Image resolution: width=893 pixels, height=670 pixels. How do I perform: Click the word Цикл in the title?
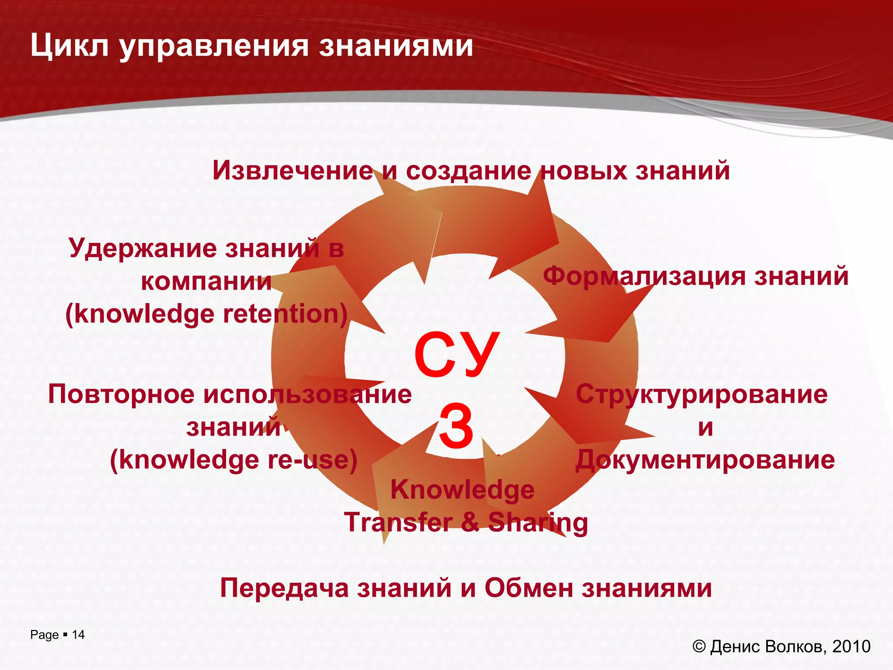(x=70, y=46)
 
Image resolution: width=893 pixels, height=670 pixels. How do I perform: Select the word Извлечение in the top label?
(x=293, y=170)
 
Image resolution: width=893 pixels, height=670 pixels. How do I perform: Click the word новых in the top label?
(x=584, y=170)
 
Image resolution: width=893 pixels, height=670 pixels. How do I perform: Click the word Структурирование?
(x=702, y=394)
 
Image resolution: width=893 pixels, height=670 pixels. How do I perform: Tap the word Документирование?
(x=705, y=460)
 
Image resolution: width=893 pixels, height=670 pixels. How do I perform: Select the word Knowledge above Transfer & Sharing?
(x=462, y=489)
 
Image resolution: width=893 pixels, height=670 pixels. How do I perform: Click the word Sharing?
(x=538, y=522)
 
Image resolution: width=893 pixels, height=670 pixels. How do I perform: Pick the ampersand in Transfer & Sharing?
(x=470, y=522)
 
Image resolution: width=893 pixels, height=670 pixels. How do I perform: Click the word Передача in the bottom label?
(x=284, y=588)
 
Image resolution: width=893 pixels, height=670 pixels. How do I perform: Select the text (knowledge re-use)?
(x=233, y=460)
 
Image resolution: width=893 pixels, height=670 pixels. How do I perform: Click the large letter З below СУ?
(x=456, y=427)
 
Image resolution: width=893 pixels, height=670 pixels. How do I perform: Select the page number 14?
(x=78, y=635)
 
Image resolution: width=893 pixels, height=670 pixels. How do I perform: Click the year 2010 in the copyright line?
(x=851, y=646)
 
